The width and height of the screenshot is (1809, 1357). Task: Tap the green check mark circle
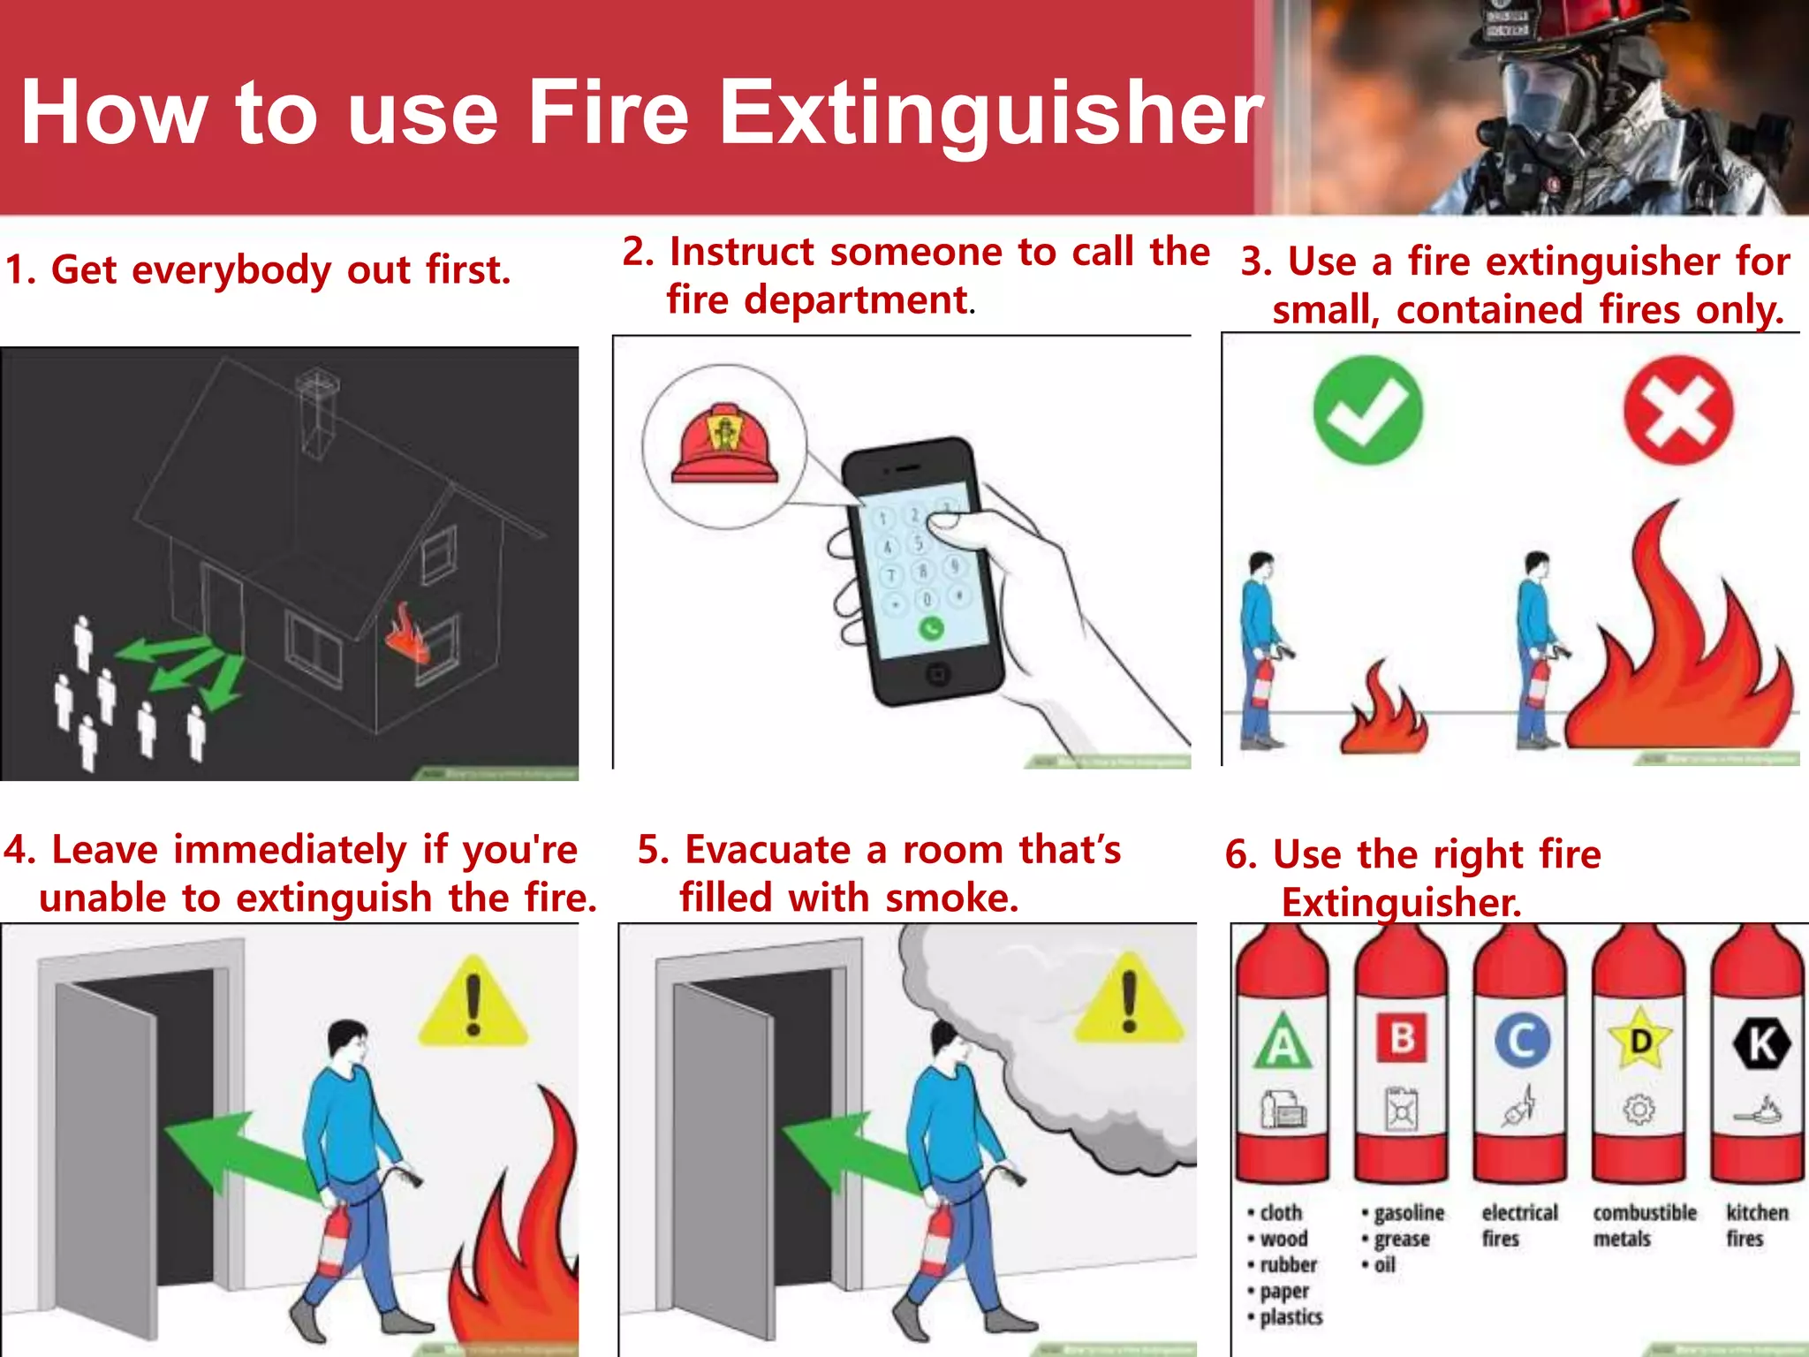[1367, 410]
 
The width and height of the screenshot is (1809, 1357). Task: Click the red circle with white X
[1677, 411]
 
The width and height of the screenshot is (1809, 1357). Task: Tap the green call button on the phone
[931, 628]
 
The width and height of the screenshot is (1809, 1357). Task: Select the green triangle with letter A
[1283, 1043]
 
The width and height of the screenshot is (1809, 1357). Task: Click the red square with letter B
[1402, 1038]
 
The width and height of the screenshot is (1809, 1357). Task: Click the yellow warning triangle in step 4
[473, 1005]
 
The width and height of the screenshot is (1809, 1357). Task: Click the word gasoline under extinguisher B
[1408, 1213]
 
